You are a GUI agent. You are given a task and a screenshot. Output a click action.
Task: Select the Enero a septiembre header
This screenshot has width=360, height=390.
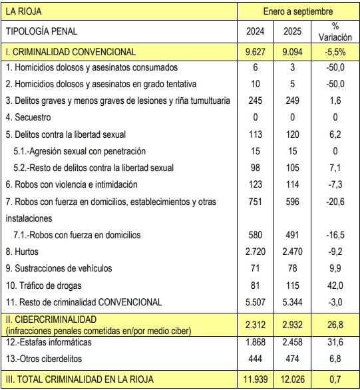(x=298, y=12)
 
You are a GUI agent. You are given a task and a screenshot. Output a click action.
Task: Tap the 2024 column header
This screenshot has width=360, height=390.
(x=256, y=31)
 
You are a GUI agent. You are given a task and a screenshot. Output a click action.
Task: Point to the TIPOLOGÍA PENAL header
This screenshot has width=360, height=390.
(x=41, y=31)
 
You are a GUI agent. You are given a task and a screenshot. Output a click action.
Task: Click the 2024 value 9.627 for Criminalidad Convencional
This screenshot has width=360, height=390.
(x=256, y=51)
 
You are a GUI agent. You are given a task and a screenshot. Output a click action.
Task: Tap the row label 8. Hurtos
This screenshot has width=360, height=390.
(x=22, y=252)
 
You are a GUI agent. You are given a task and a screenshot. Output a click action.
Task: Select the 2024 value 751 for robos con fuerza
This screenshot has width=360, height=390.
(x=256, y=201)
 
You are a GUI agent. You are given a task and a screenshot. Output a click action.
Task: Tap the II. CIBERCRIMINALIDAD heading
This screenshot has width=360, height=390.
(x=51, y=319)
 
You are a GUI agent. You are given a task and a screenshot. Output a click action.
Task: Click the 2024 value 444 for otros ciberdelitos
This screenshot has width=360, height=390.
(x=256, y=359)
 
